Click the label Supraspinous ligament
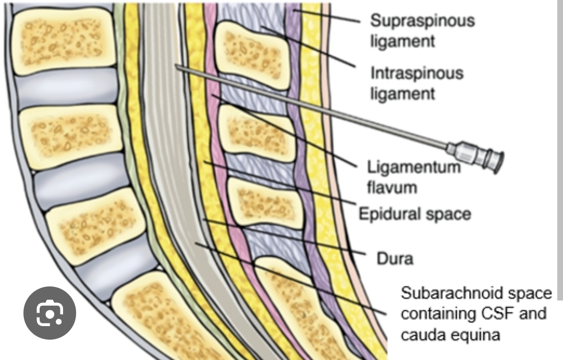click(x=422, y=31)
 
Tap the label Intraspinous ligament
click(x=417, y=83)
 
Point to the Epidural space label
click(x=414, y=213)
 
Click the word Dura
click(x=395, y=258)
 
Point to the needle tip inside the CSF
click(x=177, y=66)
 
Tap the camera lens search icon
click(x=50, y=313)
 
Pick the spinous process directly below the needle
click(x=255, y=133)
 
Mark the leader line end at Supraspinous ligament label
click(x=360, y=22)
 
